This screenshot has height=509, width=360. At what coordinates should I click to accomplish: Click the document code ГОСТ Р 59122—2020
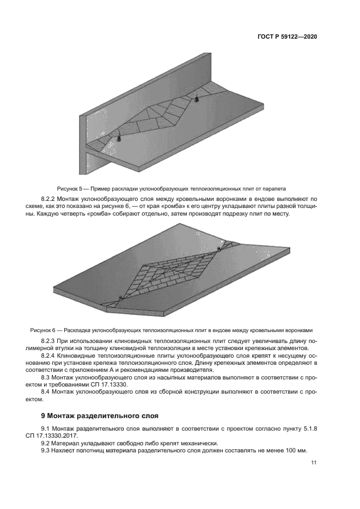tap(287, 37)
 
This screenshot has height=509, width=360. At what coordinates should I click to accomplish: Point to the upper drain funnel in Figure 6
tap(219, 249)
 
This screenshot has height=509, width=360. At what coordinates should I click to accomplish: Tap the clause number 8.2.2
tap(50, 199)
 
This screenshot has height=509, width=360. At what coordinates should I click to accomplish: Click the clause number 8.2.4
tap(50, 355)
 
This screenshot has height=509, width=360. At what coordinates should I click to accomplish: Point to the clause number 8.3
tap(47, 377)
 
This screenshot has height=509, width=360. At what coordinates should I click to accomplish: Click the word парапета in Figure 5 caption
tap(272, 188)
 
